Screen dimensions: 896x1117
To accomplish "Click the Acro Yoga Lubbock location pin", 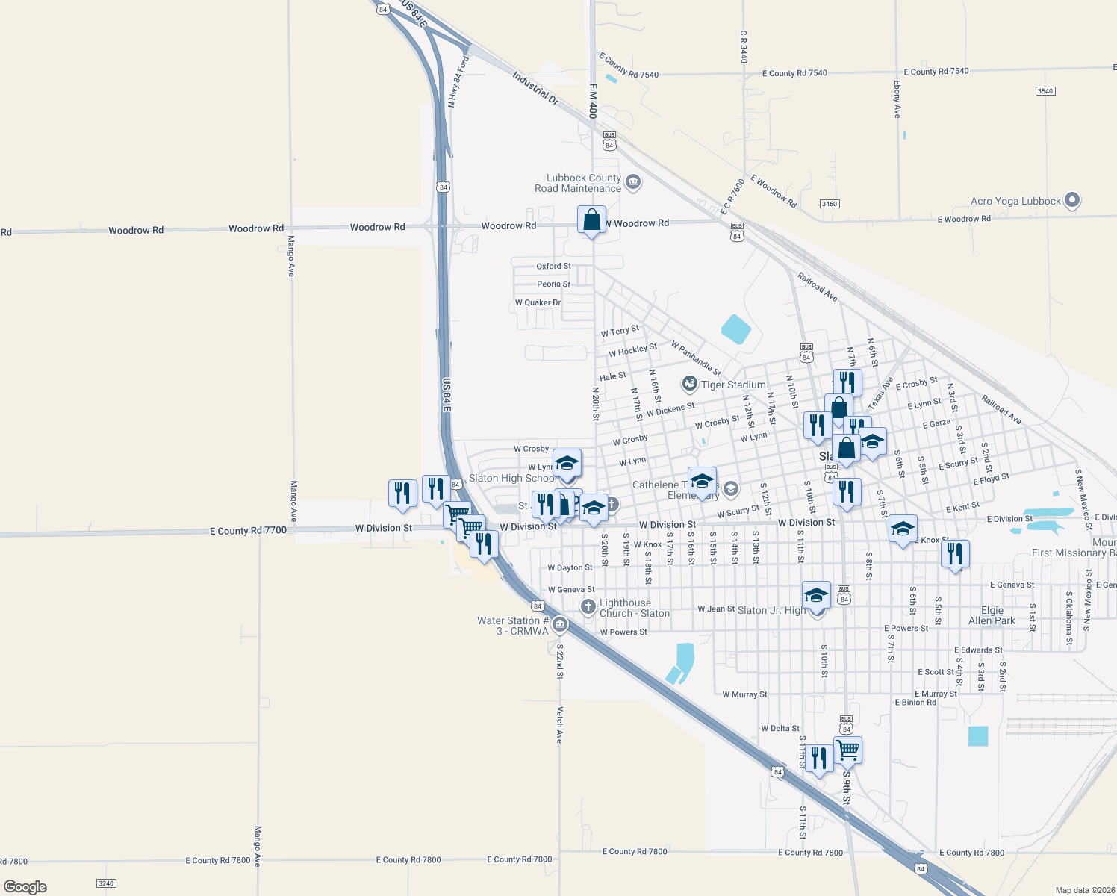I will [x=1072, y=200].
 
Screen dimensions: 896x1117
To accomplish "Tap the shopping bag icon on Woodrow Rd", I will [x=591, y=220].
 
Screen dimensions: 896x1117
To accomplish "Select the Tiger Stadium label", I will [x=732, y=385].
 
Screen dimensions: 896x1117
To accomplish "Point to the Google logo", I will [x=25, y=887].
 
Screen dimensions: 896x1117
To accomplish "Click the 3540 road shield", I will [x=1045, y=91].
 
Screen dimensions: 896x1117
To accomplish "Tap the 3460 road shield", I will [x=829, y=204].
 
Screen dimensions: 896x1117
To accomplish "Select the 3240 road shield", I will [x=106, y=883].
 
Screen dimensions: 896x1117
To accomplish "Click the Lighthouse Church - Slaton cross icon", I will [x=588, y=606].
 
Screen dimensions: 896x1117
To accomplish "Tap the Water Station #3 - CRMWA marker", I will [x=560, y=624].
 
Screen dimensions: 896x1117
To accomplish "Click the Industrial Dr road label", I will [x=535, y=87].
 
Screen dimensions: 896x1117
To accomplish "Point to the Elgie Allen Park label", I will [x=992, y=615].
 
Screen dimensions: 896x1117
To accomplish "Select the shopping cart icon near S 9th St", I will [x=848, y=750].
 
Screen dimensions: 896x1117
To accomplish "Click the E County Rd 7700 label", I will [x=248, y=531].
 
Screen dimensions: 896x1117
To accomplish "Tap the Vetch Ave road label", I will [x=559, y=724].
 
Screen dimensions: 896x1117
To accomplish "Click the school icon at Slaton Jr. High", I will [x=816, y=595].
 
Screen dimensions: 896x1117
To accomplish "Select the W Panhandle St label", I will [x=696, y=358].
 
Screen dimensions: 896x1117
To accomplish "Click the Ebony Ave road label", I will [x=897, y=99].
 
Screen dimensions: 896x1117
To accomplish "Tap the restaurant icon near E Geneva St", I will [x=955, y=553].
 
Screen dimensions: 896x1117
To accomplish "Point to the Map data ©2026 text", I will [x=1085, y=890].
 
